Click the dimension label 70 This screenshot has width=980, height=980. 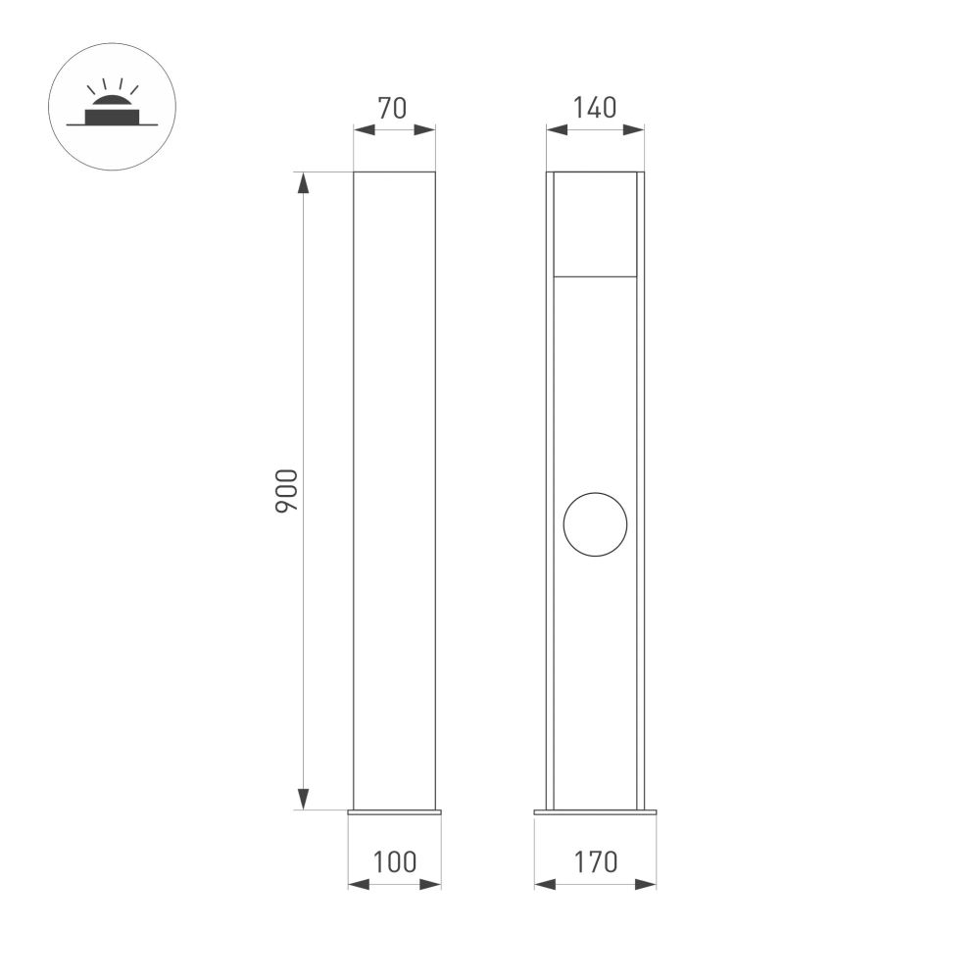point(392,108)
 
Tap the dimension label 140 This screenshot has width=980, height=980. point(596,108)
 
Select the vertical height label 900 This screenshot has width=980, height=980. point(285,491)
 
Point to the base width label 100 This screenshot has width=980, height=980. point(395,862)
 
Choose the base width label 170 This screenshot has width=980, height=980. point(596,862)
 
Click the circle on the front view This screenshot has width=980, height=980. point(595,523)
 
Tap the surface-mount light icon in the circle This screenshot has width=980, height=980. point(112,107)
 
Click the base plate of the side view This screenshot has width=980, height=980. point(395,811)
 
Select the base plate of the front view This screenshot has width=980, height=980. point(595,811)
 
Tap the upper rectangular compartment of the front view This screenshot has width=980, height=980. point(595,224)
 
